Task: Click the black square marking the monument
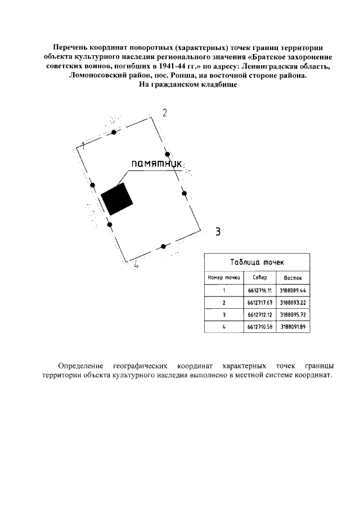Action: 117,199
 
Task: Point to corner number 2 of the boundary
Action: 164,112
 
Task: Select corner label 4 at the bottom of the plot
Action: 136,265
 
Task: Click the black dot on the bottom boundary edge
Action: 163,246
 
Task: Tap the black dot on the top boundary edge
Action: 114,132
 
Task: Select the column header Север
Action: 260,278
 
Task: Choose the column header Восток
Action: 292,278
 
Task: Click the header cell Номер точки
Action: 224,278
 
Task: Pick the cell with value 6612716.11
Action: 259,291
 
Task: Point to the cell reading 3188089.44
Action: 292,291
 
